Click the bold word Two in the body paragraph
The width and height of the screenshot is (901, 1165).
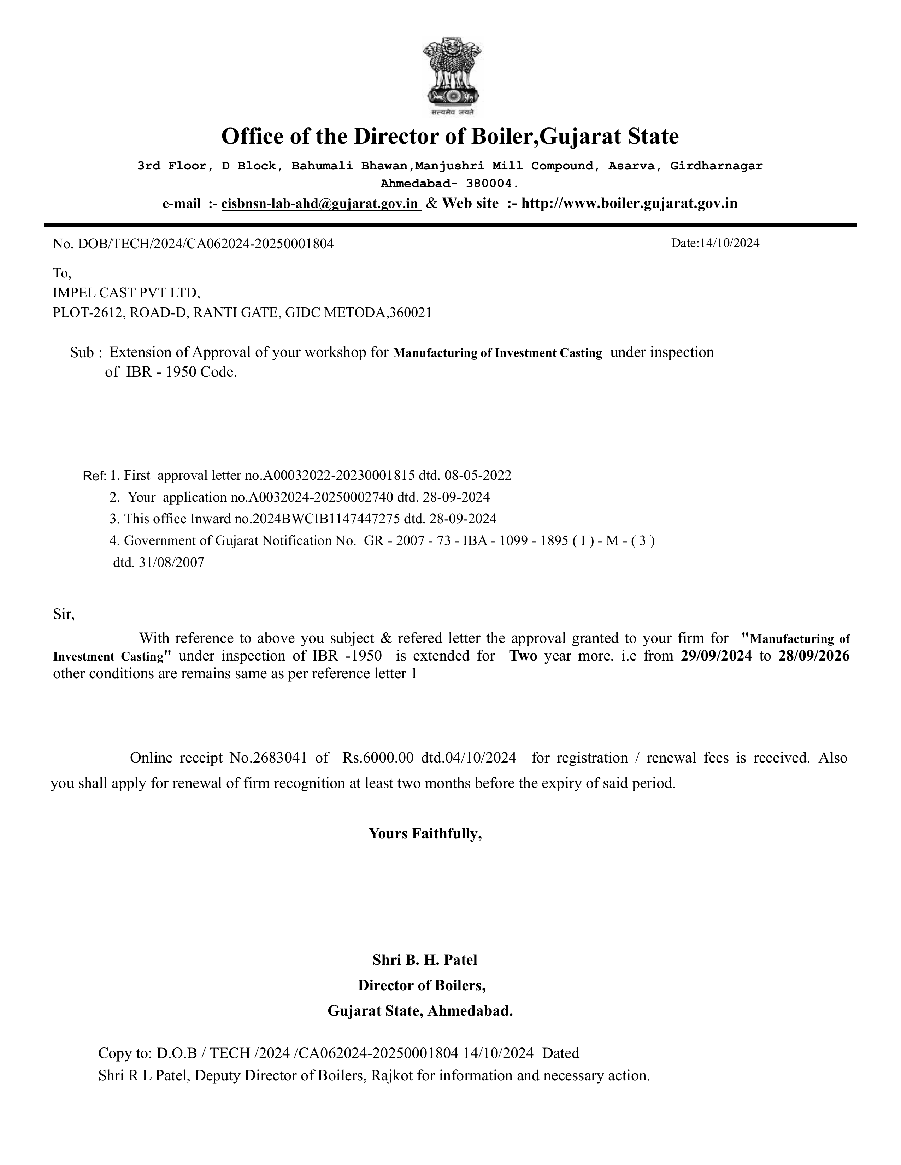(x=523, y=656)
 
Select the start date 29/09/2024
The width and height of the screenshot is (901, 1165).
(x=716, y=656)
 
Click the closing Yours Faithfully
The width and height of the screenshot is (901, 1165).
(x=425, y=834)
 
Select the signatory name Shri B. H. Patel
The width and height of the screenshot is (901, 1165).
(x=425, y=960)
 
